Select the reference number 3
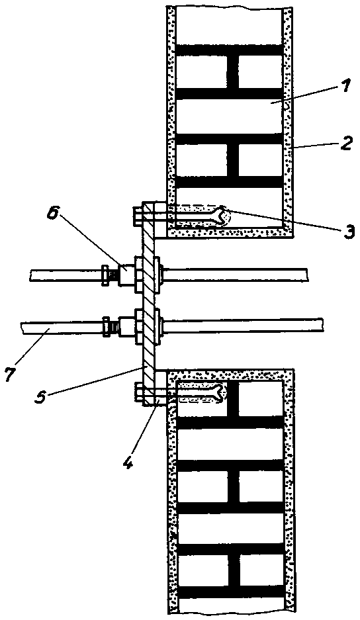click(347, 230)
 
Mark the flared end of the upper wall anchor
click(222, 216)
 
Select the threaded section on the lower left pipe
click(114, 327)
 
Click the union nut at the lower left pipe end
click(106, 327)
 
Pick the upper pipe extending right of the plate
click(235, 275)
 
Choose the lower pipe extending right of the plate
click(243, 325)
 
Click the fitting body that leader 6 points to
click(126, 275)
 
